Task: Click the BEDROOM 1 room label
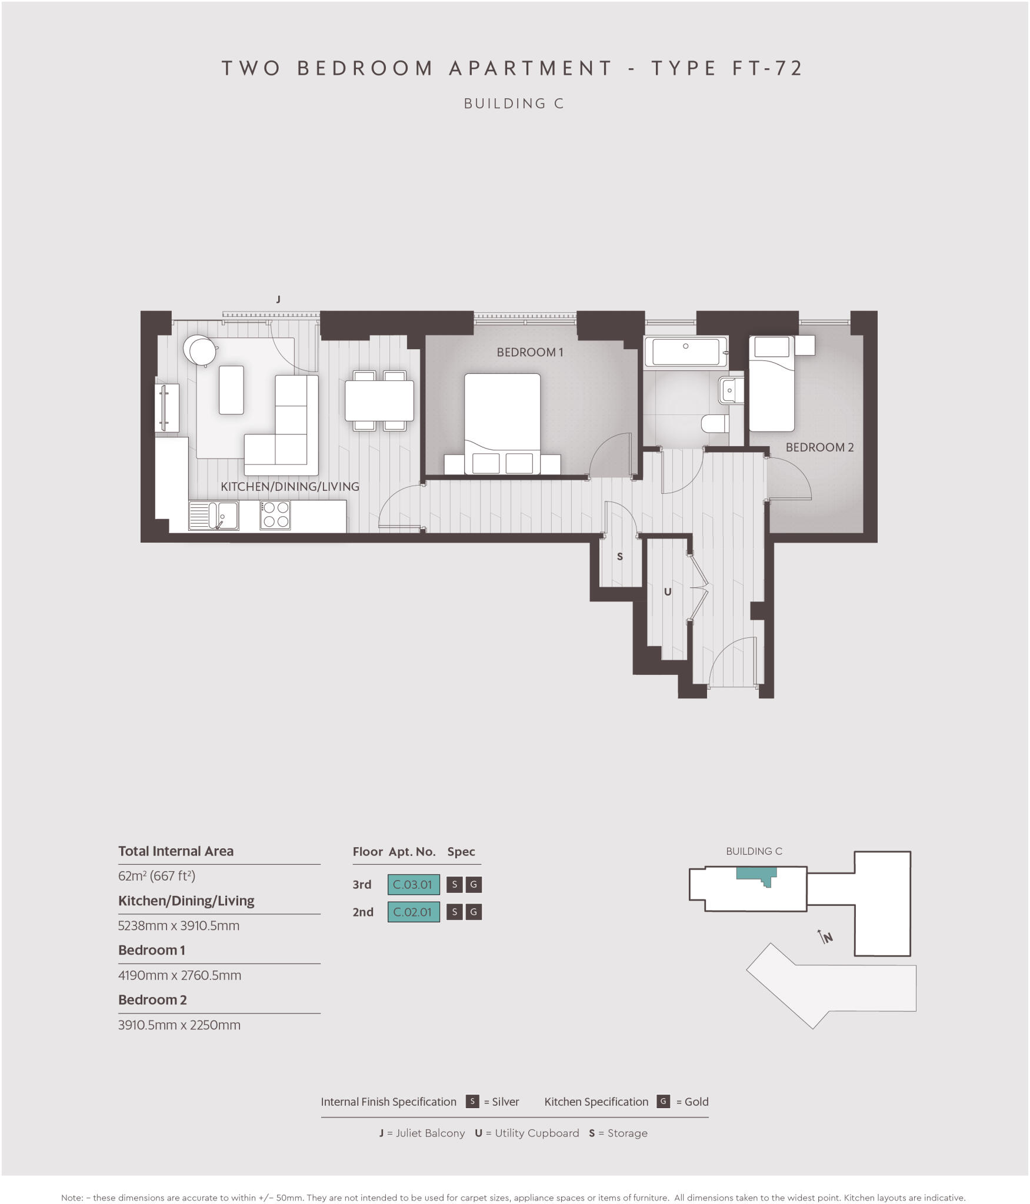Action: [529, 352]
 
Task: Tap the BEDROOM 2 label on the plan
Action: [819, 447]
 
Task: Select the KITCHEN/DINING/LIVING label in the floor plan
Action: [289, 487]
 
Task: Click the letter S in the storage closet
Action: [619, 557]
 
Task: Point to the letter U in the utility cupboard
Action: [667, 592]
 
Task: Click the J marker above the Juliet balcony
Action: [278, 299]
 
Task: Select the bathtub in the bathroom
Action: [685, 352]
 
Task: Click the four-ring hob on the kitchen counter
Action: [275, 515]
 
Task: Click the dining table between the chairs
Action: [379, 400]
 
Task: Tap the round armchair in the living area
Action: [198, 350]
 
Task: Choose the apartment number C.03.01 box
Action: [413, 884]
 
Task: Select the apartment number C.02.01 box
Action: [413, 912]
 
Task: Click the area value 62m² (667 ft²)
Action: [156, 876]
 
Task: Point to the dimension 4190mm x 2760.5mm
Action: [179, 975]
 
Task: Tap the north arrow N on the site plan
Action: [826, 937]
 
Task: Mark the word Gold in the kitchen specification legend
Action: [696, 1102]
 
